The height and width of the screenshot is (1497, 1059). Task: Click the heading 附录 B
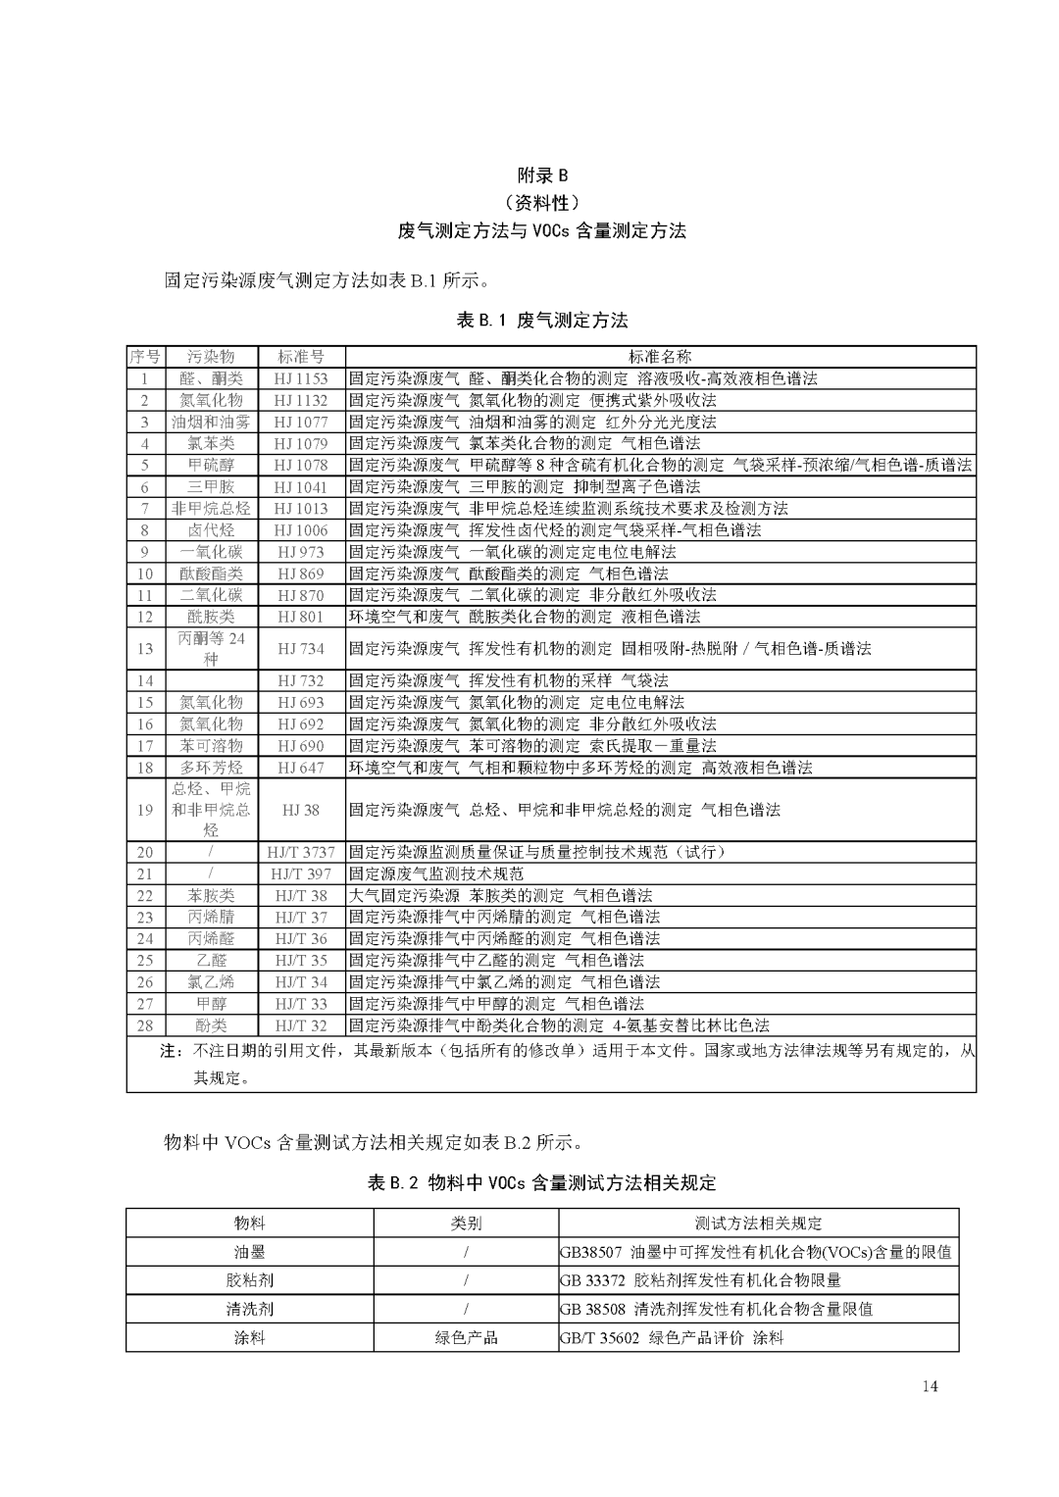(x=541, y=175)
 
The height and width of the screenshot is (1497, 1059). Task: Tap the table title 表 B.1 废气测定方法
(x=541, y=321)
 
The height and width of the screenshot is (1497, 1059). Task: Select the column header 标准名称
(x=660, y=357)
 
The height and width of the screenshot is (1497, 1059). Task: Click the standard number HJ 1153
(x=301, y=378)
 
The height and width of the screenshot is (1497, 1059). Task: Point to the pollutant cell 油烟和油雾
(x=211, y=422)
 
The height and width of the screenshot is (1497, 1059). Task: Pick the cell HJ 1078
(x=301, y=465)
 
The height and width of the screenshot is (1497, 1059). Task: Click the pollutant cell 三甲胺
(x=211, y=486)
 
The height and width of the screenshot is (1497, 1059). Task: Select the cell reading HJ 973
(x=301, y=552)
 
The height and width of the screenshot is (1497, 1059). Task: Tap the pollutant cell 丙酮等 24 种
(x=211, y=648)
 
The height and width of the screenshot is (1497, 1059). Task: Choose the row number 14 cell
(x=145, y=680)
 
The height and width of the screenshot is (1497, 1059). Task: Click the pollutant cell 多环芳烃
(x=211, y=768)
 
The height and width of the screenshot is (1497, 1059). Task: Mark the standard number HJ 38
(x=301, y=810)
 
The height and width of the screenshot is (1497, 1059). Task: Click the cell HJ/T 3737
(x=301, y=852)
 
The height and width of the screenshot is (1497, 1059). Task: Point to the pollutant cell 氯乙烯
(x=211, y=981)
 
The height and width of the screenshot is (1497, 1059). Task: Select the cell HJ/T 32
(x=301, y=1025)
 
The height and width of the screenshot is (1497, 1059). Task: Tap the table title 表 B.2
(x=541, y=1183)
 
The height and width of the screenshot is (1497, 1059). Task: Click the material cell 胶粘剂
(x=250, y=1280)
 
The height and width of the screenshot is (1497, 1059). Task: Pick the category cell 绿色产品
(x=466, y=1337)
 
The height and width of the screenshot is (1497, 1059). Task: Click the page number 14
(x=930, y=1386)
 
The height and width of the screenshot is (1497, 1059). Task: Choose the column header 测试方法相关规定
(x=758, y=1223)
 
